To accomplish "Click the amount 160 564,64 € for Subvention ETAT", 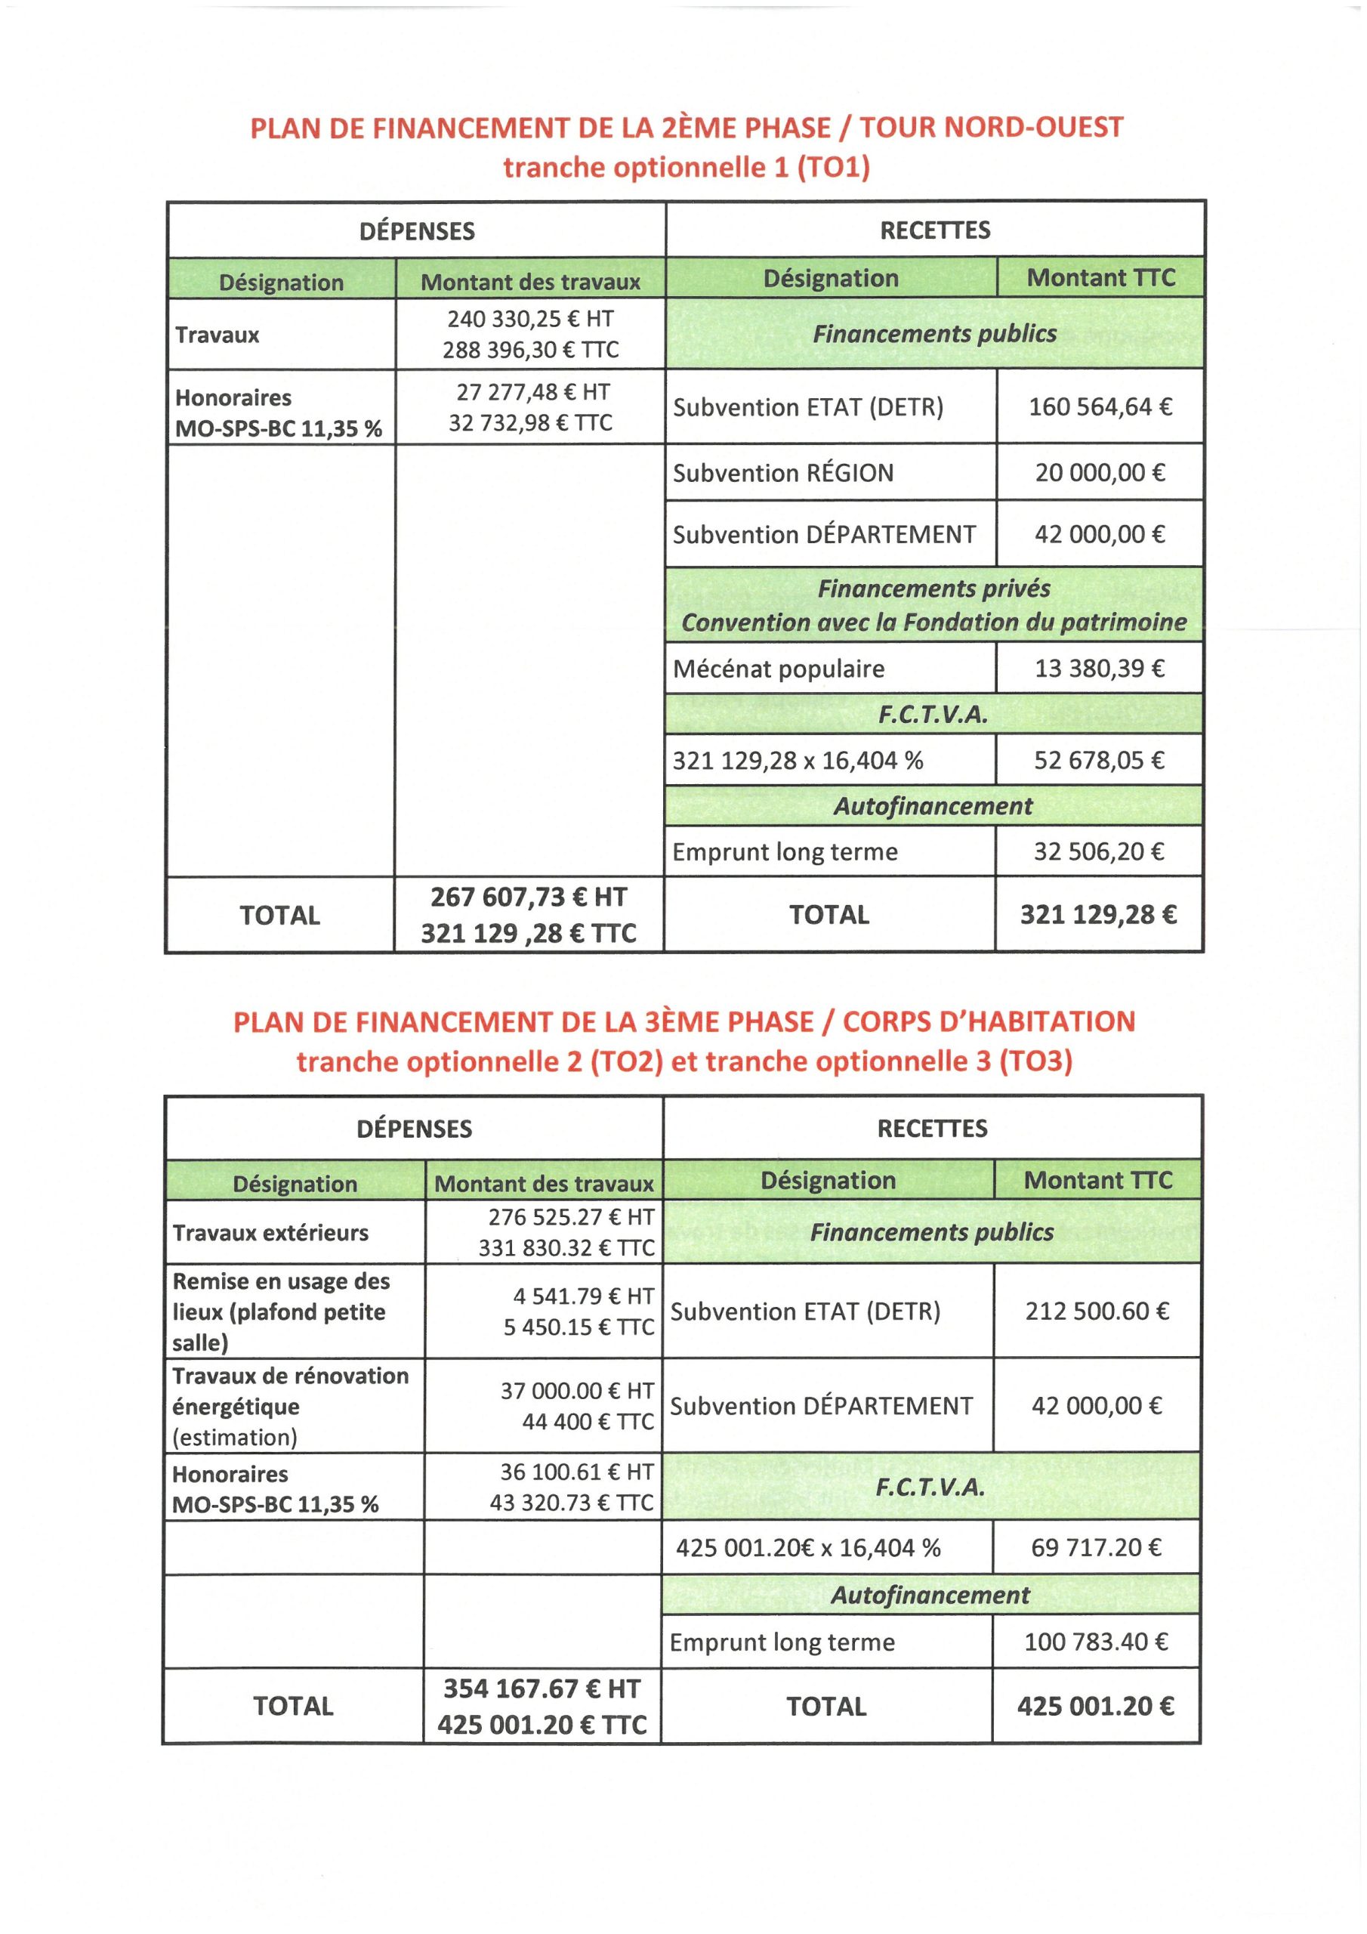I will pyautogui.click(x=1100, y=408).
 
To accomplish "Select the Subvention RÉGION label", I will pyautogui.click(x=782, y=474).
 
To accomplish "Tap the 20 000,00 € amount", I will pyautogui.click(x=1100, y=473).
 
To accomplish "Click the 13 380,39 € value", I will pyautogui.click(x=1100, y=669).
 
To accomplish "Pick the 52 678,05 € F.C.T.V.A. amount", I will pyautogui.click(x=1099, y=761).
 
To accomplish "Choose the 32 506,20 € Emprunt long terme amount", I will pyautogui.click(x=1099, y=851).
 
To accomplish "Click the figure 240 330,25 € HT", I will pyautogui.click(x=531, y=320).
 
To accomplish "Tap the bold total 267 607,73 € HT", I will pyautogui.click(x=529, y=897).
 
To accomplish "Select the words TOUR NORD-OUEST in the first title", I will pyautogui.click(x=992, y=127).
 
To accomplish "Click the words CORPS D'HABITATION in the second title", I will pyautogui.click(x=989, y=1021).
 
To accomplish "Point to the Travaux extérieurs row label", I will pyautogui.click(x=270, y=1233).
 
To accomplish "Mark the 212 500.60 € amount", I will pyautogui.click(x=1097, y=1311).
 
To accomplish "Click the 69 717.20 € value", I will pyautogui.click(x=1097, y=1547).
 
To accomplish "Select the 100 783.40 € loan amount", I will pyautogui.click(x=1097, y=1642).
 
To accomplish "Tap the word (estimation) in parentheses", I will pyautogui.click(x=235, y=1438).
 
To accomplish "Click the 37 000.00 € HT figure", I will pyautogui.click(x=577, y=1391).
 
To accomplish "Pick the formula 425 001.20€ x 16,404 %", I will pyautogui.click(x=807, y=1548).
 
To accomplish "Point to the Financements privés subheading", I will pyautogui.click(x=933, y=588).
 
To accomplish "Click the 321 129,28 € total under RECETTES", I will pyautogui.click(x=1098, y=915).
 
